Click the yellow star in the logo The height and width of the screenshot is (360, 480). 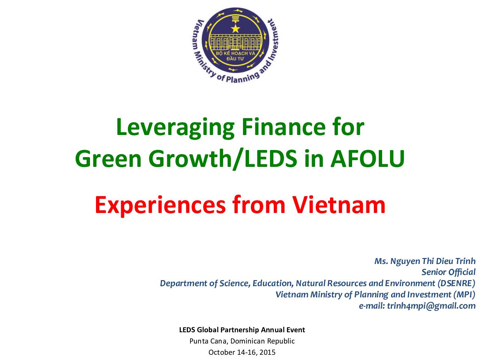tap(235, 28)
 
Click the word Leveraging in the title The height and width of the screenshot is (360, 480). tap(175, 128)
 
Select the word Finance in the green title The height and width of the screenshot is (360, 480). tap(283, 127)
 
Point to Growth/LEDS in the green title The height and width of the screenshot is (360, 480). tap(223, 159)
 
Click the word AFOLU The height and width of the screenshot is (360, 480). tap(367, 159)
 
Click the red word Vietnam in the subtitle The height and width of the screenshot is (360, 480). tap(339, 205)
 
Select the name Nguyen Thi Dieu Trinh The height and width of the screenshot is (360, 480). tap(433, 261)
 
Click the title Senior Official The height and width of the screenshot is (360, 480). tap(448, 272)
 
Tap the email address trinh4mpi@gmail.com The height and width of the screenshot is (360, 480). tap(431, 306)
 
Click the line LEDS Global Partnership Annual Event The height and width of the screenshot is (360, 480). tap(242, 330)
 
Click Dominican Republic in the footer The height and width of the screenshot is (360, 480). tap(262, 341)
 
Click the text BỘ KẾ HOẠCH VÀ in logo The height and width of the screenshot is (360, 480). tap(235, 53)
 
